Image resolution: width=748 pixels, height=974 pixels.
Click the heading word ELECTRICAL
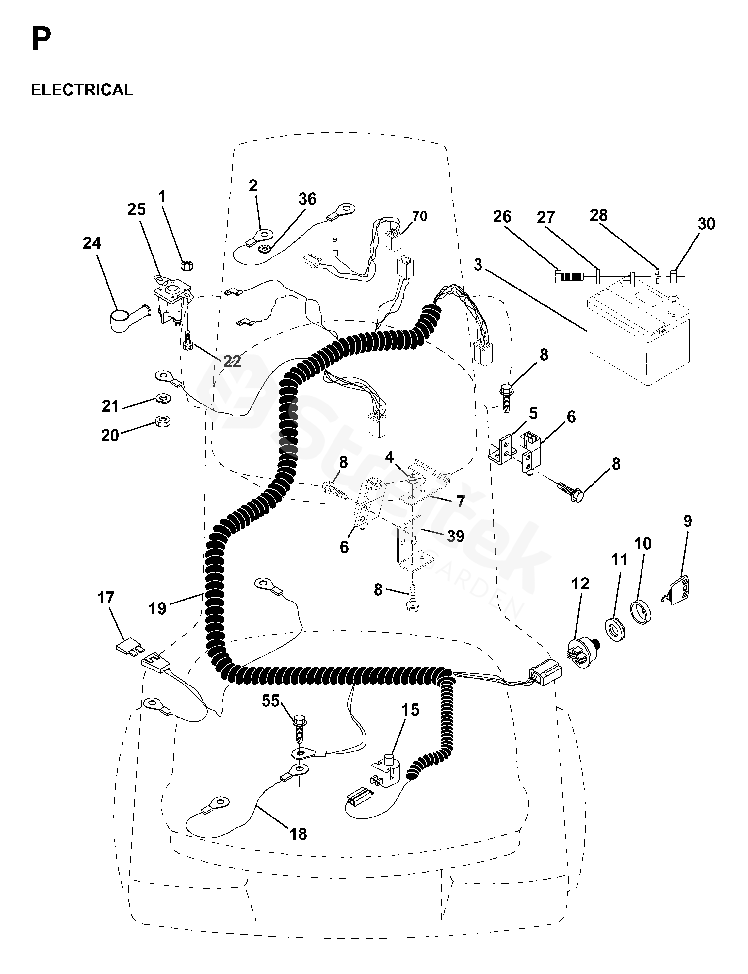tap(82, 90)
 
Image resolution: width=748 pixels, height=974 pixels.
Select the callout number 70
tap(419, 216)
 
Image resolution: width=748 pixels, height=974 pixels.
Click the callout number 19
tap(158, 608)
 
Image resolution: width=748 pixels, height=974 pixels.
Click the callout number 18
tap(298, 834)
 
